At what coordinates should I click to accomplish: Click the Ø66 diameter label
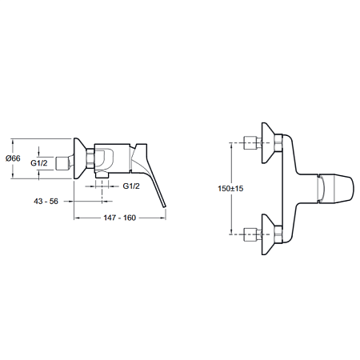pos(13,158)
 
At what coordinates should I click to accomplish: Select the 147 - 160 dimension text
pos(120,218)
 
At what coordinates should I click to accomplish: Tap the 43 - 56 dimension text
pos(46,201)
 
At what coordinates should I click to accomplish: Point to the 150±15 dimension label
pos(230,189)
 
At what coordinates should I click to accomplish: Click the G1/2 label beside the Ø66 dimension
pos(39,162)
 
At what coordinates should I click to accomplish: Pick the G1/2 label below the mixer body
pos(131,186)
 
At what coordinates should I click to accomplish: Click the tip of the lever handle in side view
pos(165,206)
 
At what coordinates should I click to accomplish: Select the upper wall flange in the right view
pos(269,143)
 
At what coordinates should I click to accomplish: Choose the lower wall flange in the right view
pos(269,234)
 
